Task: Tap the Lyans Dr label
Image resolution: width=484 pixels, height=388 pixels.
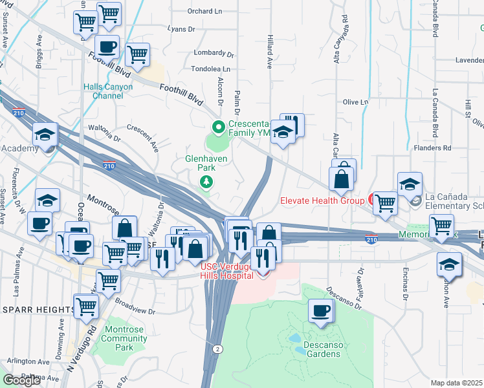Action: coord(181,29)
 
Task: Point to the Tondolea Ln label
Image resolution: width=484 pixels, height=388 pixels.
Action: coord(210,69)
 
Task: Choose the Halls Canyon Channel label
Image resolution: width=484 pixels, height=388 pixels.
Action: coord(107,91)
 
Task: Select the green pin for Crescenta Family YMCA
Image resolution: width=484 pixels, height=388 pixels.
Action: coord(219,127)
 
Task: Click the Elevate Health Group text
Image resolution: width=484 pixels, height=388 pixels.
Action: coord(322,200)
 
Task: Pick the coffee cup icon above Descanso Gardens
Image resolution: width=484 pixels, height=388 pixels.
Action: coord(321,312)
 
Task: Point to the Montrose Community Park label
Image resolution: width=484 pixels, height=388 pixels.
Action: coord(124,338)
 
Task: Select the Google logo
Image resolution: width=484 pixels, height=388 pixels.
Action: coord(21,380)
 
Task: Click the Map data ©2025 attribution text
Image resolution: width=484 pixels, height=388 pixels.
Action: coord(456,383)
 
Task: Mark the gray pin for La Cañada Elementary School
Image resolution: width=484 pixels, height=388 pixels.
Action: coord(414,202)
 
